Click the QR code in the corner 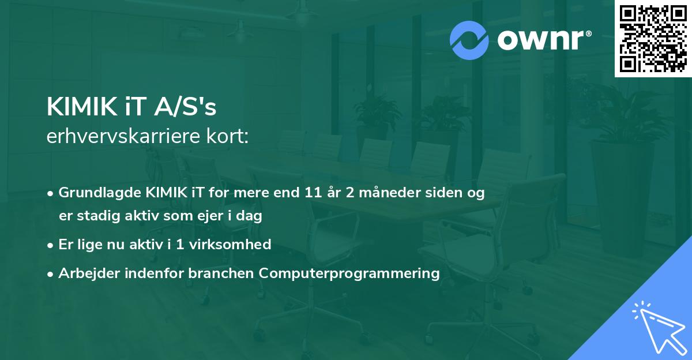coord(653,38)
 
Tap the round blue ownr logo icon coord(469,40)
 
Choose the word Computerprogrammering coord(349,273)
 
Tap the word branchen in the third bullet coord(222,273)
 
